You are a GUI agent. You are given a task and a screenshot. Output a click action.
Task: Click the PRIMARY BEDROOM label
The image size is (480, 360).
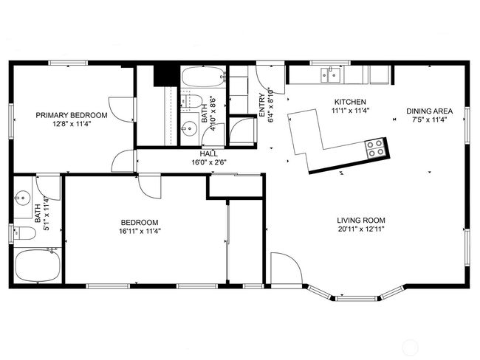point(72,115)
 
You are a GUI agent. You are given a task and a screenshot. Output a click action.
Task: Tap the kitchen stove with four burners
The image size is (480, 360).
point(374,148)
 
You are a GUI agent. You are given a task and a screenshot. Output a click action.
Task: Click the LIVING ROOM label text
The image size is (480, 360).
point(361,221)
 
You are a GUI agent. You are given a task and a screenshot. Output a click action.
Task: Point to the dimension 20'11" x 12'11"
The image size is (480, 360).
point(361,229)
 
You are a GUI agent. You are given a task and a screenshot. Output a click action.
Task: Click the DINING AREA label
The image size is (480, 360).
point(429,111)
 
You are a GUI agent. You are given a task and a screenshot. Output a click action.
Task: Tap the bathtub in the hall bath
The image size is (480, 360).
point(202,77)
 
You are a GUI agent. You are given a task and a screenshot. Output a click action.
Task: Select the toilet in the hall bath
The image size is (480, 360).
point(191,100)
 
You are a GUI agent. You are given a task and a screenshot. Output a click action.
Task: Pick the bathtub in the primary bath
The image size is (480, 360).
point(38,265)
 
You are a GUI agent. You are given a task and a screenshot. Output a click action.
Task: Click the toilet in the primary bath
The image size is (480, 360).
point(24,233)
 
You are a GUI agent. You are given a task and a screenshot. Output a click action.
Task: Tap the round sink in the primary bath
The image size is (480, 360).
point(23,198)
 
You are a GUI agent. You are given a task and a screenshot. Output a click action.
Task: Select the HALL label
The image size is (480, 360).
point(209,153)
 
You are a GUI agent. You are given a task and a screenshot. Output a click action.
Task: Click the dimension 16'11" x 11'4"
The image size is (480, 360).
point(140,231)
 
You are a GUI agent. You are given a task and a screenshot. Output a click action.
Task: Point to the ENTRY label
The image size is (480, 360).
point(262,105)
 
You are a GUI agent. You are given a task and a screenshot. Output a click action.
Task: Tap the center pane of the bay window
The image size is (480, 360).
point(356,298)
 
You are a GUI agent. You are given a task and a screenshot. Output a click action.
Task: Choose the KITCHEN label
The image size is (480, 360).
point(350,102)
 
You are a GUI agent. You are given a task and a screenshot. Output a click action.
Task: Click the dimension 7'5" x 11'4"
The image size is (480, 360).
point(429,120)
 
